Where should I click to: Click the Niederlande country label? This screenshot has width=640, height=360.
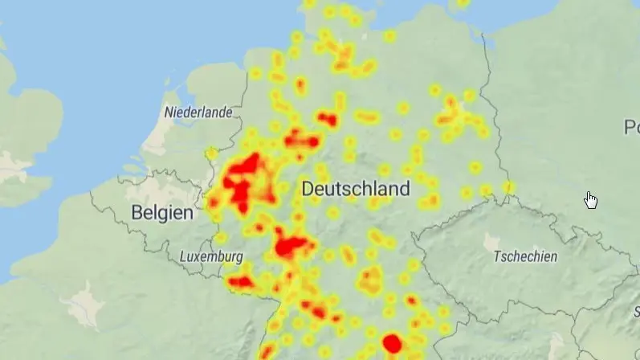tap(198, 112)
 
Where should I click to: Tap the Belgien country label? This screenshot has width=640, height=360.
tap(162, 213)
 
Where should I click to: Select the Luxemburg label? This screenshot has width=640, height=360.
tap(211, 257)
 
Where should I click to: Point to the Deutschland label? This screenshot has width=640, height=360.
tap(356, 190)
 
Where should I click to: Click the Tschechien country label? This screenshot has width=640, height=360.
tap(525, 257)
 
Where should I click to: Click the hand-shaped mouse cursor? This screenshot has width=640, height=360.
tap(591, 199)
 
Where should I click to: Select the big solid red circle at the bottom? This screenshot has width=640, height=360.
tap(392, 344)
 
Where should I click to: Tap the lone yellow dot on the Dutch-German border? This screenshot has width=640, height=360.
tap(211, 153)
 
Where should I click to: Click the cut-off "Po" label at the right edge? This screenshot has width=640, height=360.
tap(631, 127)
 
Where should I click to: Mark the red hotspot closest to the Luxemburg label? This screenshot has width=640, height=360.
tap(241, 282)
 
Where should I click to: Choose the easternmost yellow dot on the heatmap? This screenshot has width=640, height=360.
tap(509, 188)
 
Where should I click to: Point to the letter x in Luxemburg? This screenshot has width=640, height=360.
tap(198, 257)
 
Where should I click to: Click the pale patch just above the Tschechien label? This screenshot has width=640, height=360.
tap(491, 240)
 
